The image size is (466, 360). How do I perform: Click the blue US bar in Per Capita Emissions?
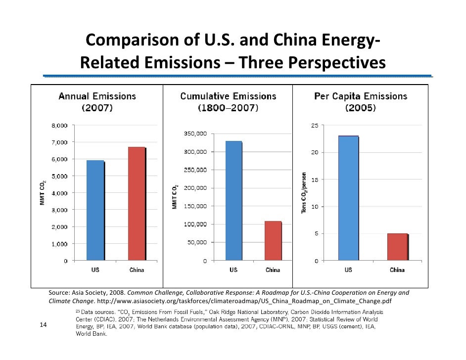348,198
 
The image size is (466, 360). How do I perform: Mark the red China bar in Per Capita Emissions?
397,247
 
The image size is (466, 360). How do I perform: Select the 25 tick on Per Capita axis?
315,126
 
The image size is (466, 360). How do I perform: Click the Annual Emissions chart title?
97,101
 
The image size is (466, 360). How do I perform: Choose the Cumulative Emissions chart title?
228,101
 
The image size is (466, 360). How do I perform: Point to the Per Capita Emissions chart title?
361,101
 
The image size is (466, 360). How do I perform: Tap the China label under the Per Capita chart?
397,270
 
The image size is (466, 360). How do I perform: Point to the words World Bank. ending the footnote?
88,333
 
